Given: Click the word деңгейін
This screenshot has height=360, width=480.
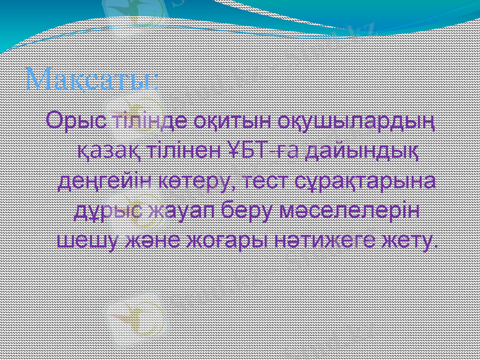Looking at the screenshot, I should click(103, 181).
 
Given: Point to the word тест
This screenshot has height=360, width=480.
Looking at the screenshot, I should click(260, 181).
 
